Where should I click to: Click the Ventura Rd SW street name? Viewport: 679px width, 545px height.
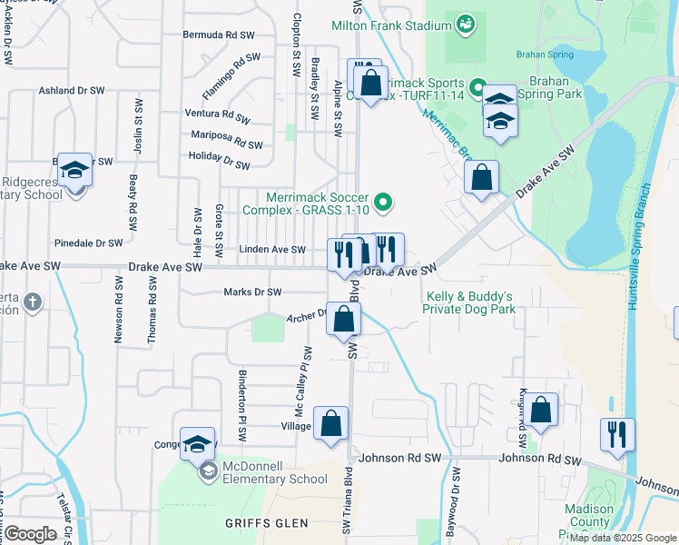(217, 114)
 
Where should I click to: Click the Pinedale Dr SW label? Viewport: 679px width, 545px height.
(89, 243)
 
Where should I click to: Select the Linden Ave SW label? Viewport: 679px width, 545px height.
(272, 249)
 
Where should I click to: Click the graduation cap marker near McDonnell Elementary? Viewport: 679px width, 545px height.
(197, 444)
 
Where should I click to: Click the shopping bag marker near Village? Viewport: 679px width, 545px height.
(331, 423)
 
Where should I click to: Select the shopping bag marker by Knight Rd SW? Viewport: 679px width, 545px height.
(542, 411)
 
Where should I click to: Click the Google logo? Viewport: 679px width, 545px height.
(30, 534)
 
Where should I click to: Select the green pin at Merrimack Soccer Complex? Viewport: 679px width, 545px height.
(384, 203)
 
